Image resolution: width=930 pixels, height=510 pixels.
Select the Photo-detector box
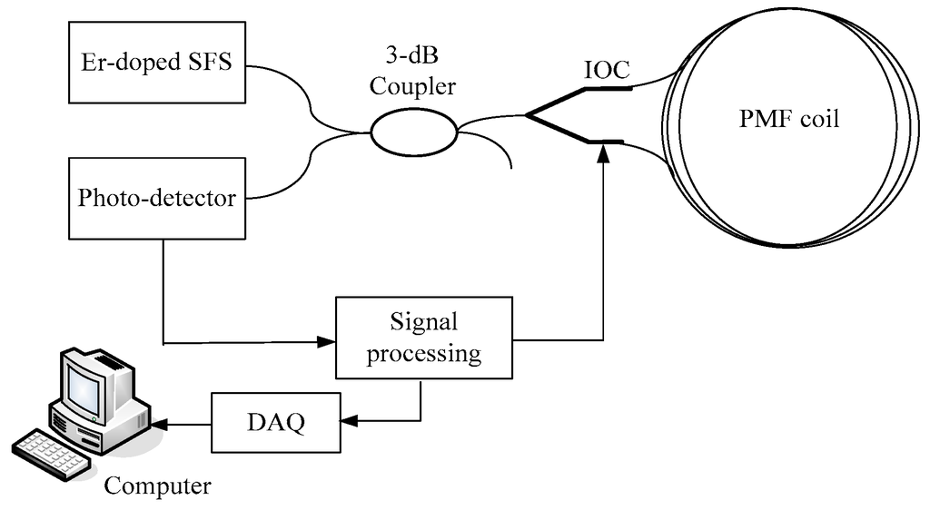point(156,197)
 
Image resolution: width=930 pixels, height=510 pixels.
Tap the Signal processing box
point(423,338)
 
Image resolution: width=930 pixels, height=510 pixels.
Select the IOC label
point(607,71)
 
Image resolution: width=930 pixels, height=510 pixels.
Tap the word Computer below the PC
point(157,486)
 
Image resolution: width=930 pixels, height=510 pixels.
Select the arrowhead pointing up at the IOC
point(602,155)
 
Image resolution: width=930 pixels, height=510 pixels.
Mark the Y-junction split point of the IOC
point(528,115)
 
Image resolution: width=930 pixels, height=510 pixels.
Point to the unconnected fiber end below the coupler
point(510,166)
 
